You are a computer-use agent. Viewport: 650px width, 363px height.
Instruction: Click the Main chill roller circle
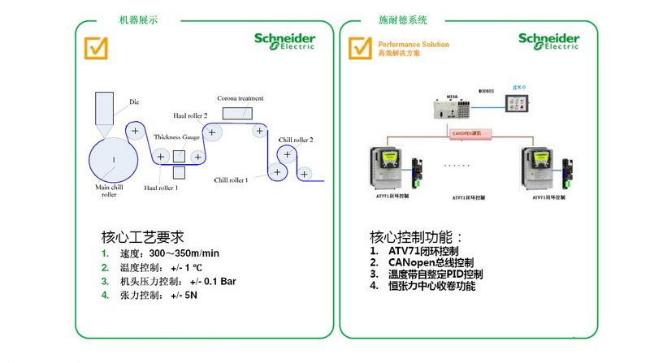tap(114, 158)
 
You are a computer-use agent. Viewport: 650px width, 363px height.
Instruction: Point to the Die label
tap(135, 102)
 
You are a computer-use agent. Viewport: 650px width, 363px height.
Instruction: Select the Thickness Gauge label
tap(176, 137)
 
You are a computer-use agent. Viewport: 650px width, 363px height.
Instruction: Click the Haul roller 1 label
tap(161, 188)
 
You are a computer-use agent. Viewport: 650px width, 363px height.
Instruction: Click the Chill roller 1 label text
tap(231, 179)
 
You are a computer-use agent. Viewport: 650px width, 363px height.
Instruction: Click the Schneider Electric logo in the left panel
tap(285, 41)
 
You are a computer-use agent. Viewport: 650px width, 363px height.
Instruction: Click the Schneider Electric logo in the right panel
tap(549, 41)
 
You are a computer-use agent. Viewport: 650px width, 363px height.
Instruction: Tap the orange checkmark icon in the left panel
tap(97, 47)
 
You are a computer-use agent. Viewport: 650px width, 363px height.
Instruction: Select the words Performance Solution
tap(414, 45)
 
